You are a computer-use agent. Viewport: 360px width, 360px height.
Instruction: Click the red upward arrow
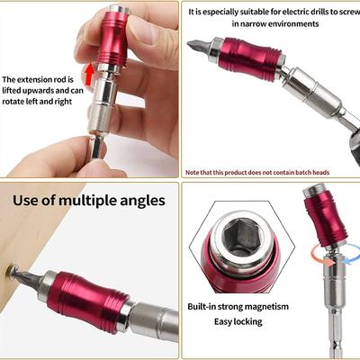pyautogui.click(x=89, y=74)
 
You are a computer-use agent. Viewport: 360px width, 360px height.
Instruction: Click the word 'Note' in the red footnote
pyautogui.click(x=192, y=173)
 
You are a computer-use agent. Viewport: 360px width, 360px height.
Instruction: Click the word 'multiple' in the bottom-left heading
pyautogui.click(x=88, y=201)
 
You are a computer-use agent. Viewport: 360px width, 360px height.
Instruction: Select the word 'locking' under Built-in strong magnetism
pyautogui.click(x=247, y=322)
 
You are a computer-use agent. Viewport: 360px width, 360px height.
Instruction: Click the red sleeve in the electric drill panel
pyautogui.click(x=250, y=58)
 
